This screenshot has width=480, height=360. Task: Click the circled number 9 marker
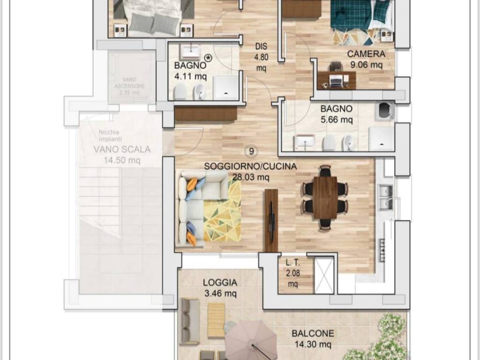point(251,151)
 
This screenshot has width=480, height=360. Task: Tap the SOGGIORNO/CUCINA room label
point(250,166)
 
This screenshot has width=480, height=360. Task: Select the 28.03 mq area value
point(251,177)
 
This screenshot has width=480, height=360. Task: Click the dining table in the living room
point(325,198)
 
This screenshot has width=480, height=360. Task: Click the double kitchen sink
point(386,197)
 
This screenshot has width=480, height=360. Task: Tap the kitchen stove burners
point(382,250)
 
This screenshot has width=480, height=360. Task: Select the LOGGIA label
point(220,283)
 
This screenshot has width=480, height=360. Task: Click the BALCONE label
point(313,333)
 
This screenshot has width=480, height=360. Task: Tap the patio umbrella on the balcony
point(251,340)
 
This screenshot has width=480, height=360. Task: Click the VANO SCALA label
point(122,150)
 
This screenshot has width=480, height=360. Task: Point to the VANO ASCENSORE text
point(129,82)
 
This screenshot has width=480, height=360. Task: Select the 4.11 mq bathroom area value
point(190,76)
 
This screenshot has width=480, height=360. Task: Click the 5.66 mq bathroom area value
point(337,120)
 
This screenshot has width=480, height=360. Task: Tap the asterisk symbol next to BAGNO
point(208,57)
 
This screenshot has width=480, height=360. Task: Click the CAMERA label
point(366,54)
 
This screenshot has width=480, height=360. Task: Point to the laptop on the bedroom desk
point(336,80)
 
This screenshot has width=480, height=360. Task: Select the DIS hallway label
point(261,46)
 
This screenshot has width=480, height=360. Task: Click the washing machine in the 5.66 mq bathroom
point(385,110)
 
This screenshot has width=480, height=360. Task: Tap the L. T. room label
point(293,262)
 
